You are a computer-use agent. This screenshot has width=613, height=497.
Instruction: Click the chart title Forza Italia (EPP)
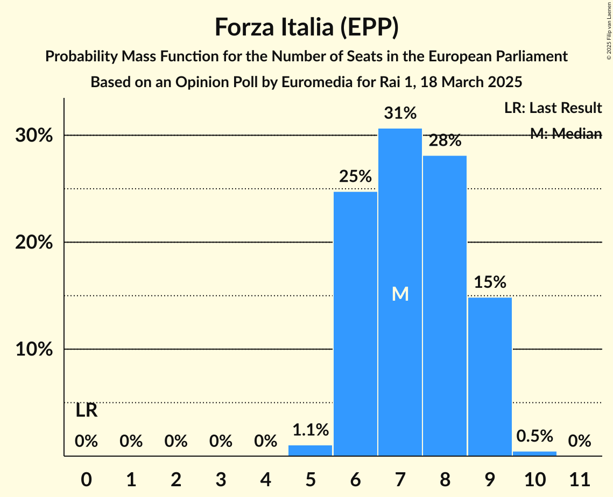pyautogui.click(x=306, y=27)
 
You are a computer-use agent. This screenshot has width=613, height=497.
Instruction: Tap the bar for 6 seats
pyautogui.click(x=355, y=323)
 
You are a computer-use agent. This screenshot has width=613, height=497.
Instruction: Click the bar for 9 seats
pyautogui.click(x=490, y=377)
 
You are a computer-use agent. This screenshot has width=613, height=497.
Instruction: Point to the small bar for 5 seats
pyautogui.click(x=311, y=451)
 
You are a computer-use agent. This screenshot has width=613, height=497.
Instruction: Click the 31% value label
pyautogui.click(x=400, y=113)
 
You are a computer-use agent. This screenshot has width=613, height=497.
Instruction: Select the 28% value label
pyautogui.click(x=445, y=141)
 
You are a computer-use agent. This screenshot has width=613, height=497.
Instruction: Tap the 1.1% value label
pyautogui.click(x=311, y=430)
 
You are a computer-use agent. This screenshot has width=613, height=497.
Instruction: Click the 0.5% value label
pyautogui.click(x=534, y=436)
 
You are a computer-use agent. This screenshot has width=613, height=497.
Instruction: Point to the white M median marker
pyautogui.click(x=400, y=294)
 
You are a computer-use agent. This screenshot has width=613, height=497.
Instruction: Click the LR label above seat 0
pyautogui.click(x=86, y=411)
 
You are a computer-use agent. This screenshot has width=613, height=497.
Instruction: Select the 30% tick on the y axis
pyautogui.click(x=34, y=136)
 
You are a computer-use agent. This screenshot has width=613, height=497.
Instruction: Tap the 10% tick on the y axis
pyautogui.click(x=34, y=350)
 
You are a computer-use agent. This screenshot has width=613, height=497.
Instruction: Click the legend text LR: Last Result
pyautogui.click(x=553, y=108)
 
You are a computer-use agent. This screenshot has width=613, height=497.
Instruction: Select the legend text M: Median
pyautogui.click(x=566, y=133)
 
